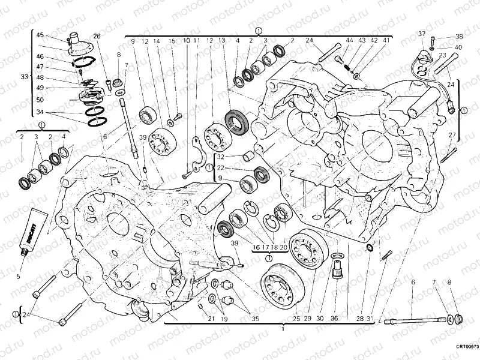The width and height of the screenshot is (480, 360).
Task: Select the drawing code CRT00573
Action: click(466, 346)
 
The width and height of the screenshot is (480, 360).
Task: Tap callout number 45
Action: click(40, 35)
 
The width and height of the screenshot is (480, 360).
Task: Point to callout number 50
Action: click(40, 100)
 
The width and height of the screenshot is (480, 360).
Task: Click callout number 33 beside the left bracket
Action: click(24, 77)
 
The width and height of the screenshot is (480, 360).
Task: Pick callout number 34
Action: click(40, 112)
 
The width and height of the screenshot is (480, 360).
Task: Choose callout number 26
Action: click(97, 36)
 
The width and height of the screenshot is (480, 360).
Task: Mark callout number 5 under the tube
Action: click(18, 277)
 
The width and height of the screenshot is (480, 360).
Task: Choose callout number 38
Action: click(459, 37)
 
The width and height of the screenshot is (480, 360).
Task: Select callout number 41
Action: click(386, 40)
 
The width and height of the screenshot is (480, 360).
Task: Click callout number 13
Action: click(222, 41)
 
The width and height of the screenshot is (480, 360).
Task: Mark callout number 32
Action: click(221, 157)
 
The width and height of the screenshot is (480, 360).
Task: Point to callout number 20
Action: click(284, 247)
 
